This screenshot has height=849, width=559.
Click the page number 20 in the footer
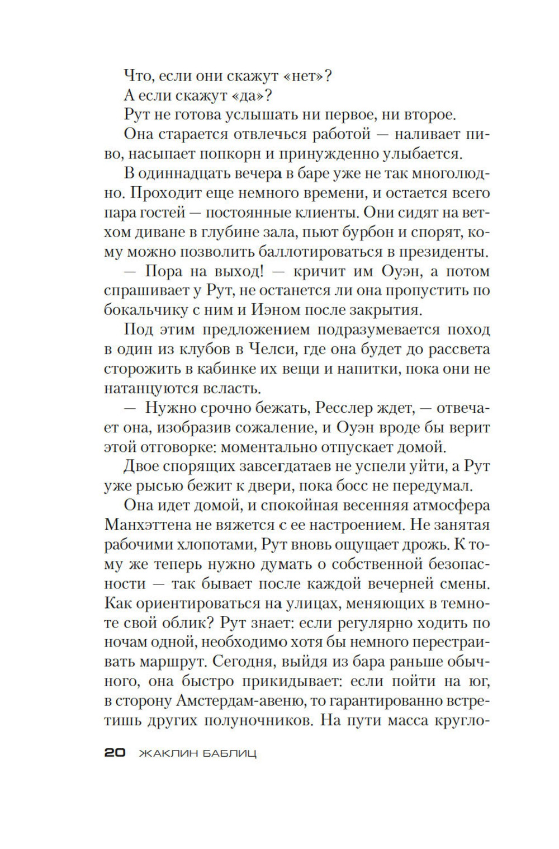(x=115, y=753)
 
